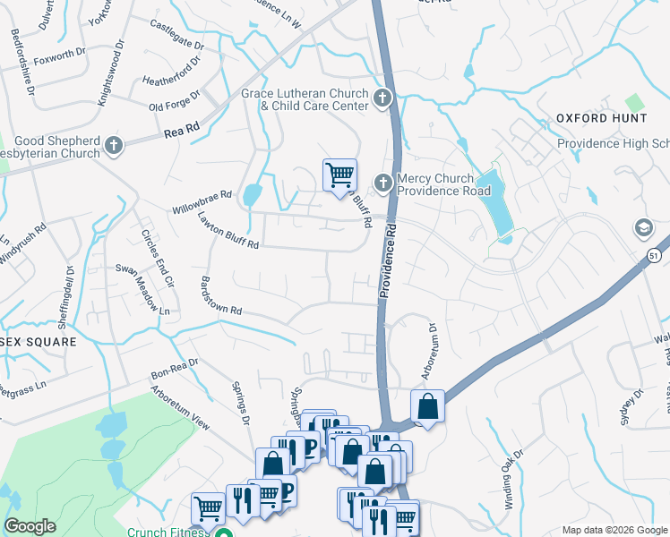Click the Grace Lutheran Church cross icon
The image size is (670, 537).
[384, 98]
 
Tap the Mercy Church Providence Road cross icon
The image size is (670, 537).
[383, 183]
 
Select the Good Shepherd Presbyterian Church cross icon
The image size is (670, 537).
[113, 145]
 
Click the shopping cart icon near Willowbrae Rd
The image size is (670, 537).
[339, 174]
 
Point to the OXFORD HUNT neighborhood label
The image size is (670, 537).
[601, 118]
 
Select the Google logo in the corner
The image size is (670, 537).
[30, 525]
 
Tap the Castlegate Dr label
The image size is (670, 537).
[176, 36]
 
